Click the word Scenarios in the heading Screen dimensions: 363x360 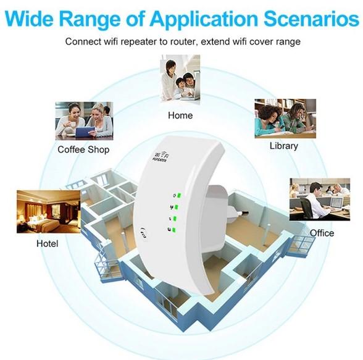click(x=311, y=19)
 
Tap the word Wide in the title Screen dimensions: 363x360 click(x=30, y=19)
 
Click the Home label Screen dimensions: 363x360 click(x=180, y=115)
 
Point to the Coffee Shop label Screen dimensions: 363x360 click(x=83, y=149)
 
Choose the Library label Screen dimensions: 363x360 click(x=284, y=146)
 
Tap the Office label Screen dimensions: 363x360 click(x=322, y=233)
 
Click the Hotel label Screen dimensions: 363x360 click(x=47, y=243)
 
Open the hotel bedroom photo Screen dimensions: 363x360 click(x=49, y=212)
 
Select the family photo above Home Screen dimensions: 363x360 click(x=180, y=78)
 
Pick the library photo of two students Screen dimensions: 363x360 click(x=285, y=119)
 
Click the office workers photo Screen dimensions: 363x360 click(x=320, y=199)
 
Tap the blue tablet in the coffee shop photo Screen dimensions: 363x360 click(x=85, y=133)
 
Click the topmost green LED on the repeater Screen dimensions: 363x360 click(x=179, y=195)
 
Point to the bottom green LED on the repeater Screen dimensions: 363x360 click(x=174, y=230)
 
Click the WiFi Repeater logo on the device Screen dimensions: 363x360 click(x=161, y=156)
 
